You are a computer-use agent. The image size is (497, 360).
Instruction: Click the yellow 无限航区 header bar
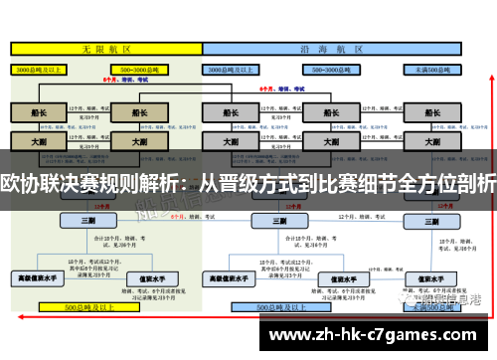click(x=103, y=49)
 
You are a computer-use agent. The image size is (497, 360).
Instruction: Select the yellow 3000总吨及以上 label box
click(x=38, y=71)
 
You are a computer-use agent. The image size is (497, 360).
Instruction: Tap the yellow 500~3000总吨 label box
click(x=140, y=71)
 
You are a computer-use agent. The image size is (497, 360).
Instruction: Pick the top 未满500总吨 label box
click(x=435, y=71)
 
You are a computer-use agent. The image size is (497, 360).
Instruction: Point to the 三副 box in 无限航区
click(x=88, y=220)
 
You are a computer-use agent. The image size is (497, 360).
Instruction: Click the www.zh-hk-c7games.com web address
click(x=366, y=335)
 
